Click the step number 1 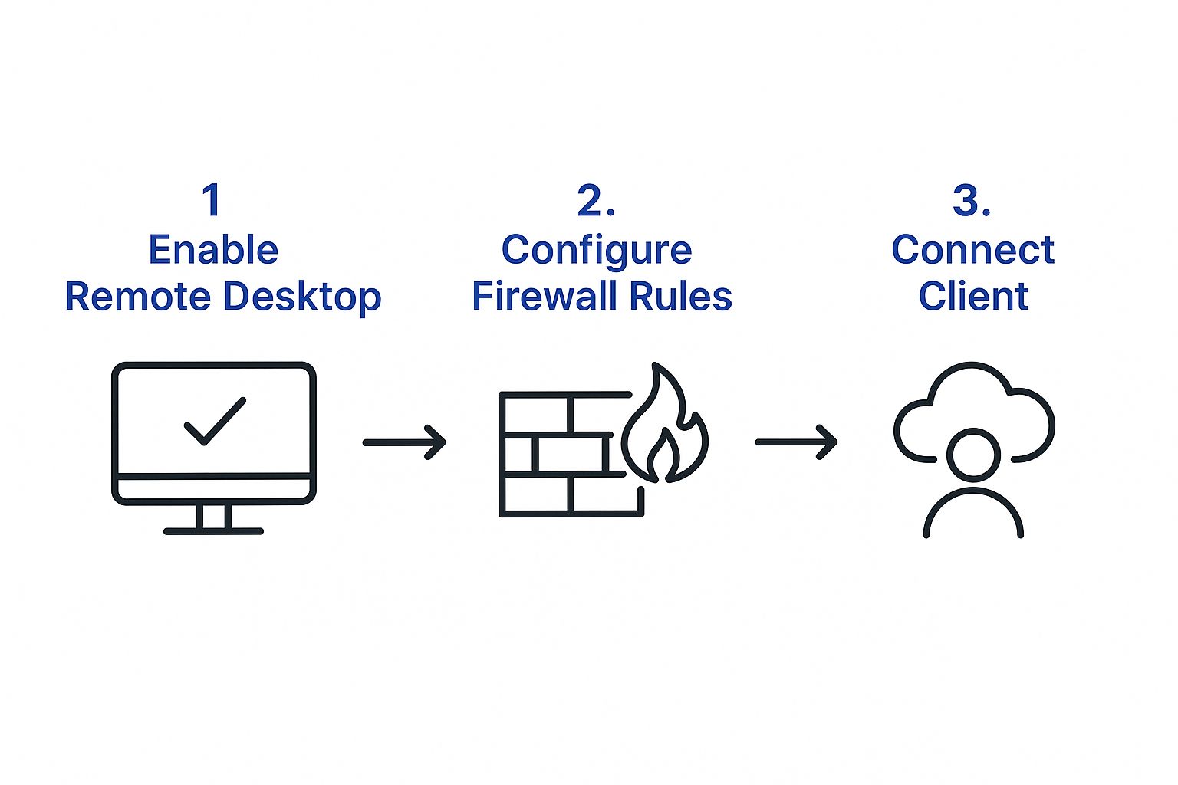[212, 200]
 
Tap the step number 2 [595, 200]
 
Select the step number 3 [971, 200]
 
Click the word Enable [213, 250]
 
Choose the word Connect [972, 250]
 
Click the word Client [973, 297]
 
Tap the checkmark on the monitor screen [215, 421]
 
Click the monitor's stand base [213, 530]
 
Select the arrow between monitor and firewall [404, 442]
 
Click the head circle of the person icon [973, 455]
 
